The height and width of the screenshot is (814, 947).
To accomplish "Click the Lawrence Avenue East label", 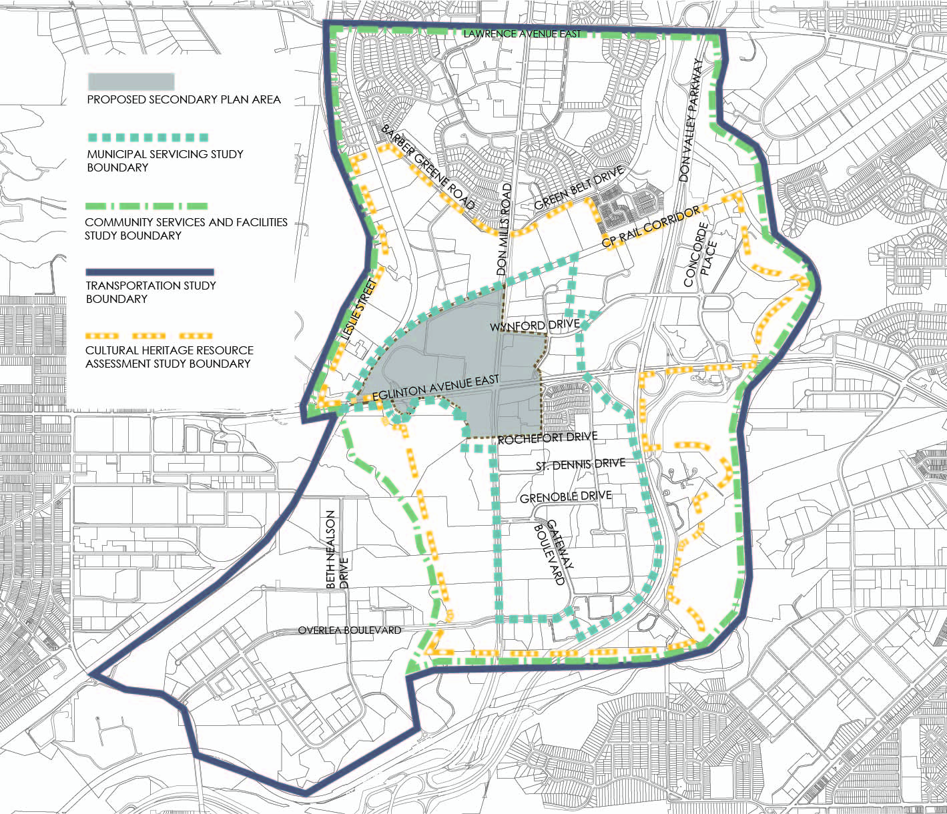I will click(x=521, y=33).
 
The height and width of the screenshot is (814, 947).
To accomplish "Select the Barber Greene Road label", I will click(x=428, y=166).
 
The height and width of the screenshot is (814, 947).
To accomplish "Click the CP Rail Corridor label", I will click(x=651, y=227).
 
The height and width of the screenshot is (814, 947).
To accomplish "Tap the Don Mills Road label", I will click(x=504, y=230).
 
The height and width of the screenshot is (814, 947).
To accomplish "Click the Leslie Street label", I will click(x=358, y=311).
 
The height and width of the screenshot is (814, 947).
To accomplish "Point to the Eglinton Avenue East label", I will click(x=435, y=388).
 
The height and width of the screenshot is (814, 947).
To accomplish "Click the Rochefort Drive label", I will click(x=547, y=438).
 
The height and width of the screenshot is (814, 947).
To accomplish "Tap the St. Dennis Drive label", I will click(x=580, y=464).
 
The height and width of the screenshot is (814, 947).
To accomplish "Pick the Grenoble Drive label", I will click(x=565, y=497).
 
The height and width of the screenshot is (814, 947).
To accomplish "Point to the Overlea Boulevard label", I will click(x=349, y=630).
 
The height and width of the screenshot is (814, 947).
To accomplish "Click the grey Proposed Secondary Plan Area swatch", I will click(x=131, y=81).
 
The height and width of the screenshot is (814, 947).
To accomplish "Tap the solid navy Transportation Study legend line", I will click(x=149, y=272).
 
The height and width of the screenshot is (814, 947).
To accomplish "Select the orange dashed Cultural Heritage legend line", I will click(x=149, y=336).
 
